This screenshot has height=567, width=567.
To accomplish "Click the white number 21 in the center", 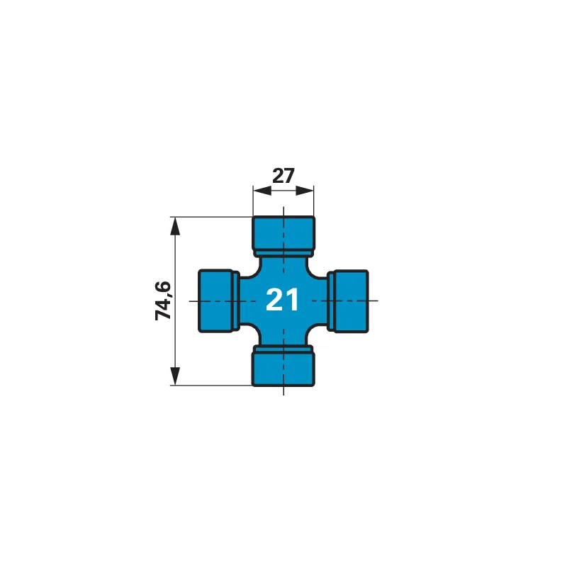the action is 282,299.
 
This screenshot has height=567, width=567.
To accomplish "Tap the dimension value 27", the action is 283,176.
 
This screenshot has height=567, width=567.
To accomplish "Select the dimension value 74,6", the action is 163,301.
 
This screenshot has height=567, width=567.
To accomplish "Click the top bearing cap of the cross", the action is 283,232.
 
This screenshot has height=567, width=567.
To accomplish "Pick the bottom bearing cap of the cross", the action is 283,369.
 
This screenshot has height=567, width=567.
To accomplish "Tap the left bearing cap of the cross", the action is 215,301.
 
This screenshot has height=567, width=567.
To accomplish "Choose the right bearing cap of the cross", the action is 351,301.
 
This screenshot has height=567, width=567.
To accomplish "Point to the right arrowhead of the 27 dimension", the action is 305,191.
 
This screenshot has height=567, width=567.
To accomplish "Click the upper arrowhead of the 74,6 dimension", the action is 175,226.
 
